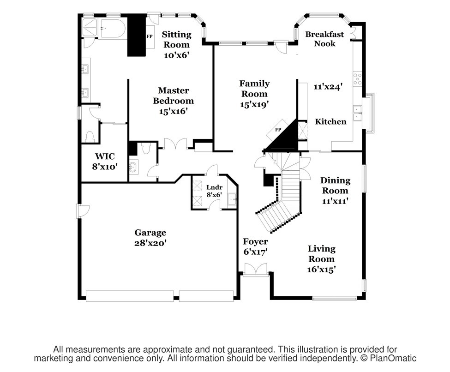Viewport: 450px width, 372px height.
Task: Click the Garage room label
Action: pyautogui.click(x=150, y=233)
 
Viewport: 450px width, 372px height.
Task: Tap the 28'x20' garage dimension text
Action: pyautogui.click(x=150, y=243)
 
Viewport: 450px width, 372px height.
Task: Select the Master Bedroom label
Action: pyautogui.click(x=174, y=96)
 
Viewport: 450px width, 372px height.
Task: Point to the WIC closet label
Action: pyautogui.click(x=105, y=156)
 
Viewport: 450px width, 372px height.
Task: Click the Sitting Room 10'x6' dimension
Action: pyautogui.click(x=176, y=55)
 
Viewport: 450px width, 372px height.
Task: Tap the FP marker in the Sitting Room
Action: pyautogui.click(x=150, y=36)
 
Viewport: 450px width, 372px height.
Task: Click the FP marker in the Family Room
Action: pyautogui.click(x=278, y=130)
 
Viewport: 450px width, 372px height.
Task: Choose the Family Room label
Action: pyautogui.click(x=254, y=89)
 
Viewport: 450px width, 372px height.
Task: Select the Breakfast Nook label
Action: pyautogui.click(x=324, y=39)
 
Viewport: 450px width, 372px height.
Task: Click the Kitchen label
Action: pyautogui.click(x=330, y=121)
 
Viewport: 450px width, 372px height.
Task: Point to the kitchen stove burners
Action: pyautogui.click(x=358, y=79)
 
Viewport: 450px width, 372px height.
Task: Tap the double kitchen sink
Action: pyautogui.click(x=357, y=113)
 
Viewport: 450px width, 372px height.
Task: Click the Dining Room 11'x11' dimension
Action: pyautogui.click(x=335, y=201)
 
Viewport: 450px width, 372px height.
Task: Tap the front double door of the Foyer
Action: pyautogui.click(x=255, y=270)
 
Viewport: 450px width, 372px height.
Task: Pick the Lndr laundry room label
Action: pyautogui.click(x=214, y=187)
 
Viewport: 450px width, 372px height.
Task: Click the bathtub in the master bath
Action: pyautogui.click(x=113, y=28)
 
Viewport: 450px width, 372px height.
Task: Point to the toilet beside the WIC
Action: pyautogui.click(x=90, y=136)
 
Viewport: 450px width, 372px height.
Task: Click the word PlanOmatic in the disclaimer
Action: pyautogui.click(x=393, y=358)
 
